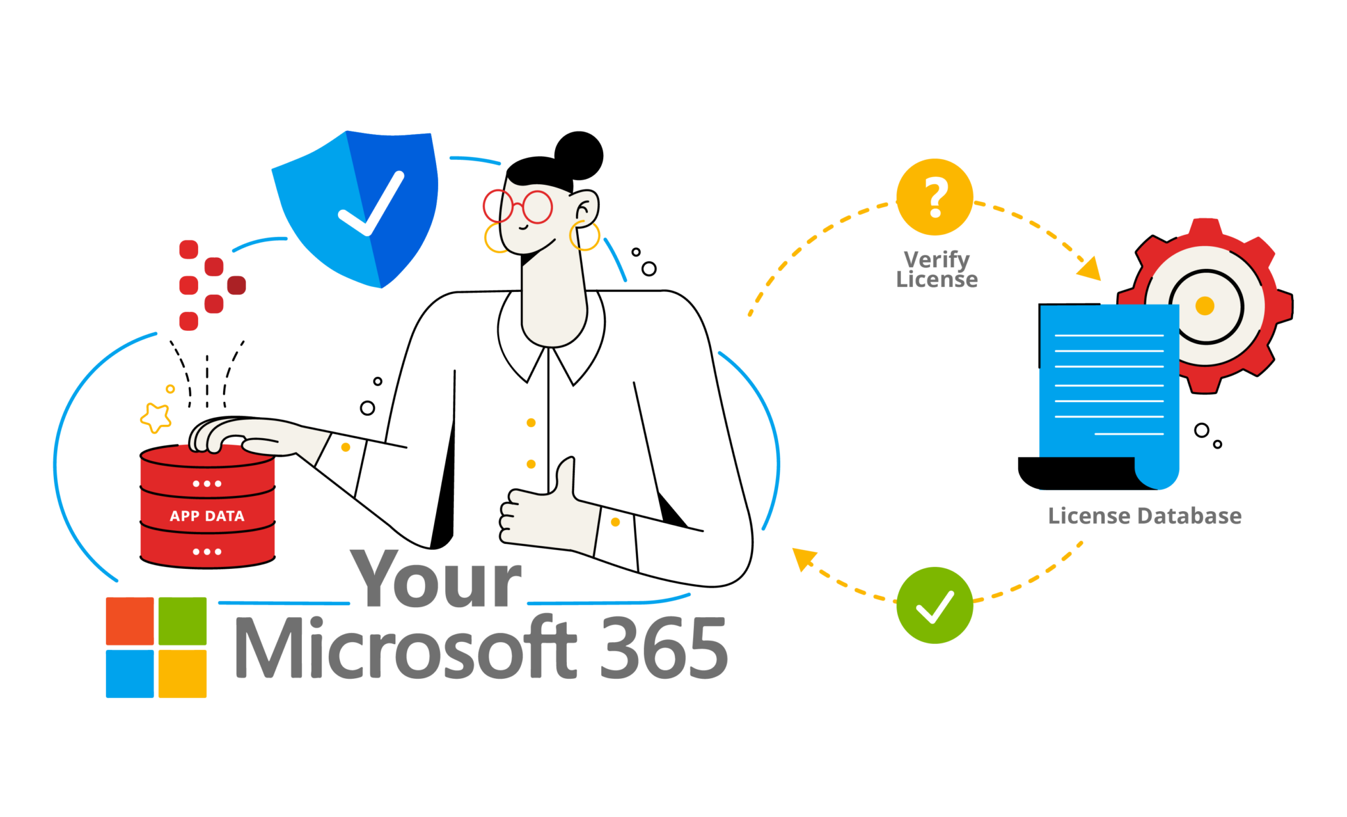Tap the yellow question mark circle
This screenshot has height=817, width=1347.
pyautogui.click(x=935, y=197)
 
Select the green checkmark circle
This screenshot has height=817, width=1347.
pyautogui.click(x=935, y=605)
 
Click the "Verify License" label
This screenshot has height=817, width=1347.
pyautogui.click(x=937, y=269)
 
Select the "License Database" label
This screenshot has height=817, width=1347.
pyautogui.click(x=1144, y=516)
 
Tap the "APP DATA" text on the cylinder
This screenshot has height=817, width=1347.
pyautogui.click(x=207, y=516)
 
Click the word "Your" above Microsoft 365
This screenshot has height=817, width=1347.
pyautogui.click(x=437, y=579)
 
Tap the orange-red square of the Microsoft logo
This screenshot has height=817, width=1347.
pyautogui.click(x=130, y=621)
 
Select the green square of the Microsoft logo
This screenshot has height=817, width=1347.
pyautogui.click(x=182, y=621)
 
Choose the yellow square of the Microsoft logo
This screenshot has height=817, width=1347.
pyautogui.click(x=182, y=674)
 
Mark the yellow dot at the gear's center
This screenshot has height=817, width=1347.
pyautogui.click(x=1204, y=306)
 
